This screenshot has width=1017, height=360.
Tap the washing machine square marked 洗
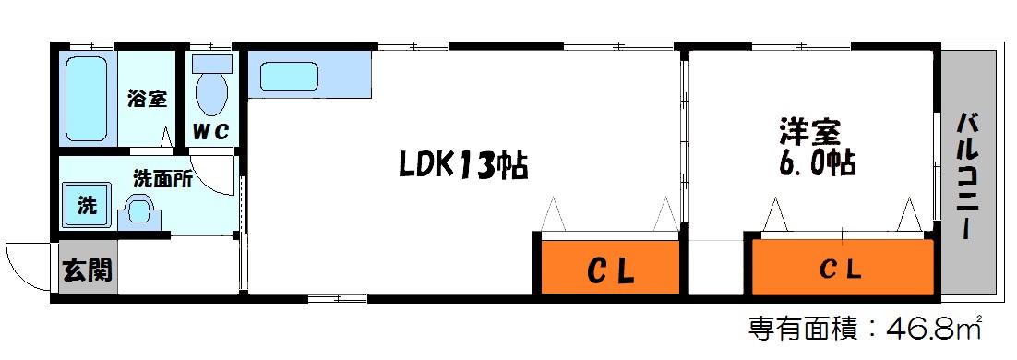86,205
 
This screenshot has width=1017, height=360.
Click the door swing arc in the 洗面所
218,175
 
